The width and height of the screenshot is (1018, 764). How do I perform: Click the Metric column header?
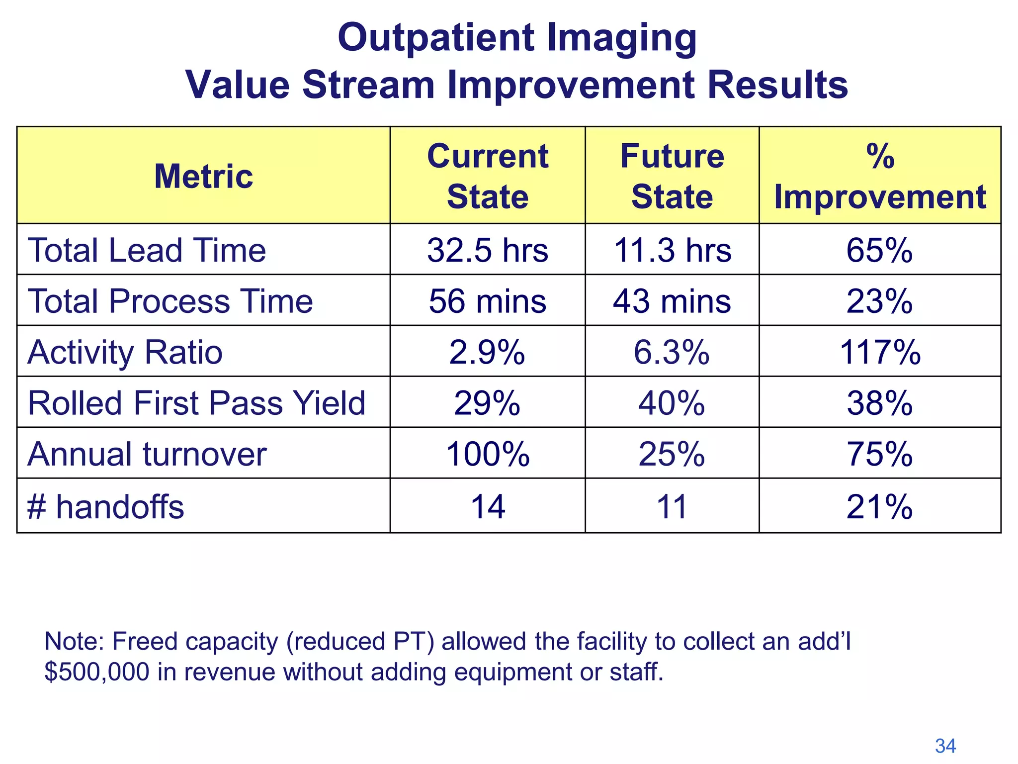[x=203, y=176]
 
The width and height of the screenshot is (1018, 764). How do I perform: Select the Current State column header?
[x=487, y=176]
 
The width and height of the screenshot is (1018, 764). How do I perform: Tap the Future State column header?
[x=672, y=176]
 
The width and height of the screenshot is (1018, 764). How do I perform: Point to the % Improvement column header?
[x=880, y=176]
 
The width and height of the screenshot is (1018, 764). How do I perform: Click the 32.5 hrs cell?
[x=487, y=250]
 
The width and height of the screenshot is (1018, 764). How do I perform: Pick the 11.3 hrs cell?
[x=672, y=250]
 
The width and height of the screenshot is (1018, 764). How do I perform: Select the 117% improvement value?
[x=880, y=352]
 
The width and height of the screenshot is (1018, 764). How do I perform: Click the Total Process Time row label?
[x=170, y=301]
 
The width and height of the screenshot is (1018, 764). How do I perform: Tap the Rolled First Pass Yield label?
[x=196, y=403]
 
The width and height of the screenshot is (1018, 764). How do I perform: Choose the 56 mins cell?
[x=487, y=301]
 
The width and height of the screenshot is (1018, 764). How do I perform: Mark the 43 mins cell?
[x=672, y=301]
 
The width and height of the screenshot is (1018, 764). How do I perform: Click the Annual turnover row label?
[x=147, y=454]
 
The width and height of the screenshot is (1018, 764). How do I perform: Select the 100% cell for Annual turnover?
[x=487, y=454]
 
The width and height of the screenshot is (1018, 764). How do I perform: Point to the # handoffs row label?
[x=105, y=507]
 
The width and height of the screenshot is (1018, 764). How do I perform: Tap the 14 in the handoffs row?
[x=487, y=507]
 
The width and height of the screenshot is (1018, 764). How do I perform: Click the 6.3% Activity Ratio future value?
[x=672, y=352]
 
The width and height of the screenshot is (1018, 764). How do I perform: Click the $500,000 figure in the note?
[x=96, y=672]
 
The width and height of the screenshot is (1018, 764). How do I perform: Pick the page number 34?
[x=945, y=746]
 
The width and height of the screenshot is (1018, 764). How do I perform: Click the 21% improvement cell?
[x=880, y=507]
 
